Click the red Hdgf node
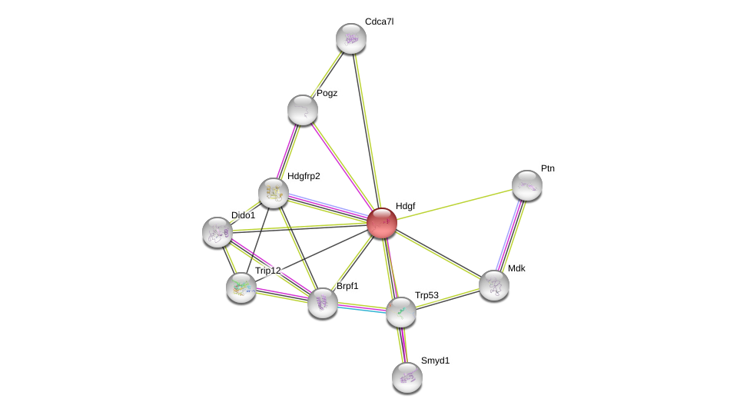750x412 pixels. coord(382,223)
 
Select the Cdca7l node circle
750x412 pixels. coord(351,38)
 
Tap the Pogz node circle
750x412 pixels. coord(303,110)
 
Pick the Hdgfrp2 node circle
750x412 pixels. coord(273,193)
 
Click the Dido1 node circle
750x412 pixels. coord(217,231)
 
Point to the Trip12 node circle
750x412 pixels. coord(241,287)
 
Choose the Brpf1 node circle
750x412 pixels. coord(323,302)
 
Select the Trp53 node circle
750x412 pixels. coord(401,311)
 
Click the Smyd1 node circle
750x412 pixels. coord(407,377)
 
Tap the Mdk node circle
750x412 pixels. coord(494,284)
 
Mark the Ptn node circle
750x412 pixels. coord(527,184)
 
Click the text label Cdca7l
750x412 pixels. coord(379,22)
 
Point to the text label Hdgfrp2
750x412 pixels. coord(304,176)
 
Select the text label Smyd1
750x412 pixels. coord(435,360)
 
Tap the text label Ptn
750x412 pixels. coord(547,168)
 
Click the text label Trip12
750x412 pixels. coord(268,271)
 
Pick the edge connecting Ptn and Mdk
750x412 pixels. coord(511,234)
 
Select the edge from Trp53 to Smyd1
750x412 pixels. coord(404,344)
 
